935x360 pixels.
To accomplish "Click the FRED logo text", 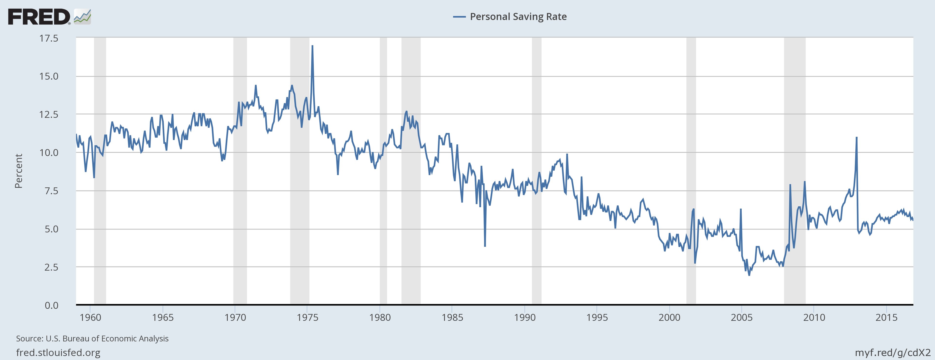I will tap(39, 17).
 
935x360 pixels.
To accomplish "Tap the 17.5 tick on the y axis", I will tap(49, 38).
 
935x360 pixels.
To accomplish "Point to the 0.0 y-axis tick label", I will tap(51, 305).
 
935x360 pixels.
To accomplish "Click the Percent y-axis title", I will tap(19, 171).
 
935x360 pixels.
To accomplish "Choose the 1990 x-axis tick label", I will tap(524, 318).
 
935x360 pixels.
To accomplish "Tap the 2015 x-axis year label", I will tap(886, 318).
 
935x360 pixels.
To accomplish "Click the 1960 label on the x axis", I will tap(90, 318).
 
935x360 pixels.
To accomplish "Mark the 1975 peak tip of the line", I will tap(312, 46).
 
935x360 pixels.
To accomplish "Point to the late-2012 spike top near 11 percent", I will tap(857, 138).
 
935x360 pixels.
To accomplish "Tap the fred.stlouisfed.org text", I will tap(58, 353).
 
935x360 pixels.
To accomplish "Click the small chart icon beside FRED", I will tap(82, 17).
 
